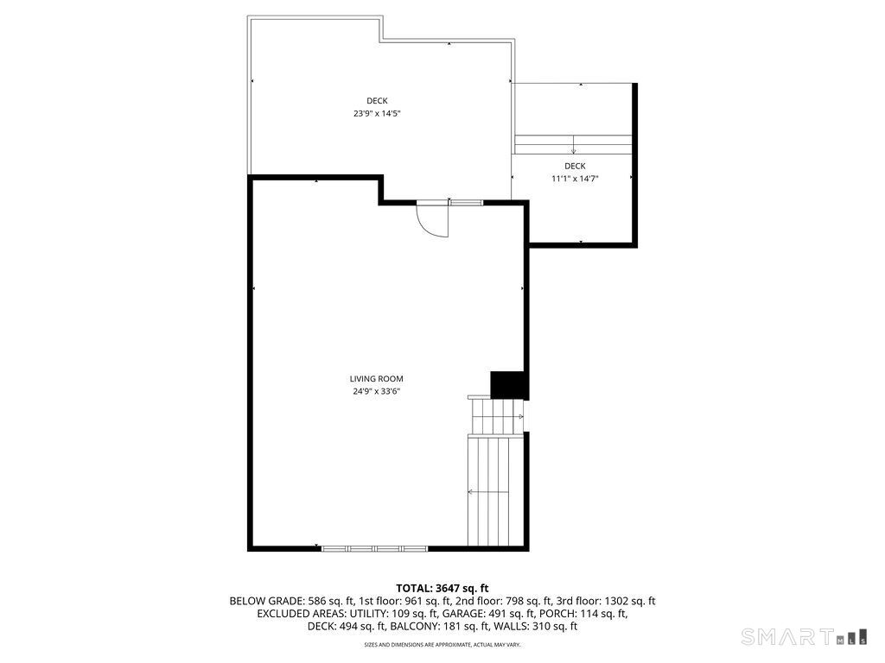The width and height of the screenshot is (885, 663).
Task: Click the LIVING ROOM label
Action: pyautogui.click(x=376, y=378)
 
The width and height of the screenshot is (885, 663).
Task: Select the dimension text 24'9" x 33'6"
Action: pyautogui.click(x=376, y=391)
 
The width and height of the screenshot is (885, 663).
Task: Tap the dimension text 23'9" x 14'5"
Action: pyautogui.click(x=376, y=113)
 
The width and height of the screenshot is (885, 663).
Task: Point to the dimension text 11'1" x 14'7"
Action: pyautogui.click(x=575, y=179)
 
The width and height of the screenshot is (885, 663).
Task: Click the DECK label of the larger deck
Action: pyautogui.click(x=376, y=101)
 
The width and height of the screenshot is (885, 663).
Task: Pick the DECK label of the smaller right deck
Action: pyautogui.click(x=575, y=166)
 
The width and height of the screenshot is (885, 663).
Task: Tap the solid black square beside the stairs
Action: pyautogui.click(x=508, y=384)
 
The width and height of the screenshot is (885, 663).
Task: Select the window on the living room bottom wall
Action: pyautogui.click(x=374, y=547)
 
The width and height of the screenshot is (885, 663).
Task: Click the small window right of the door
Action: pyautogui.click(x=466, y=203)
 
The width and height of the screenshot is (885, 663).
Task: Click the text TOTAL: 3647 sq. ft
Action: pyautogui.click(x=442, y=587)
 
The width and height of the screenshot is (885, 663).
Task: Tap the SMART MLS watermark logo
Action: pyautogui.click(x=805, y=637)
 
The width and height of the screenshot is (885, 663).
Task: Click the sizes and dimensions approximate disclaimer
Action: pyautogui.click(x=442, y=645)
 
